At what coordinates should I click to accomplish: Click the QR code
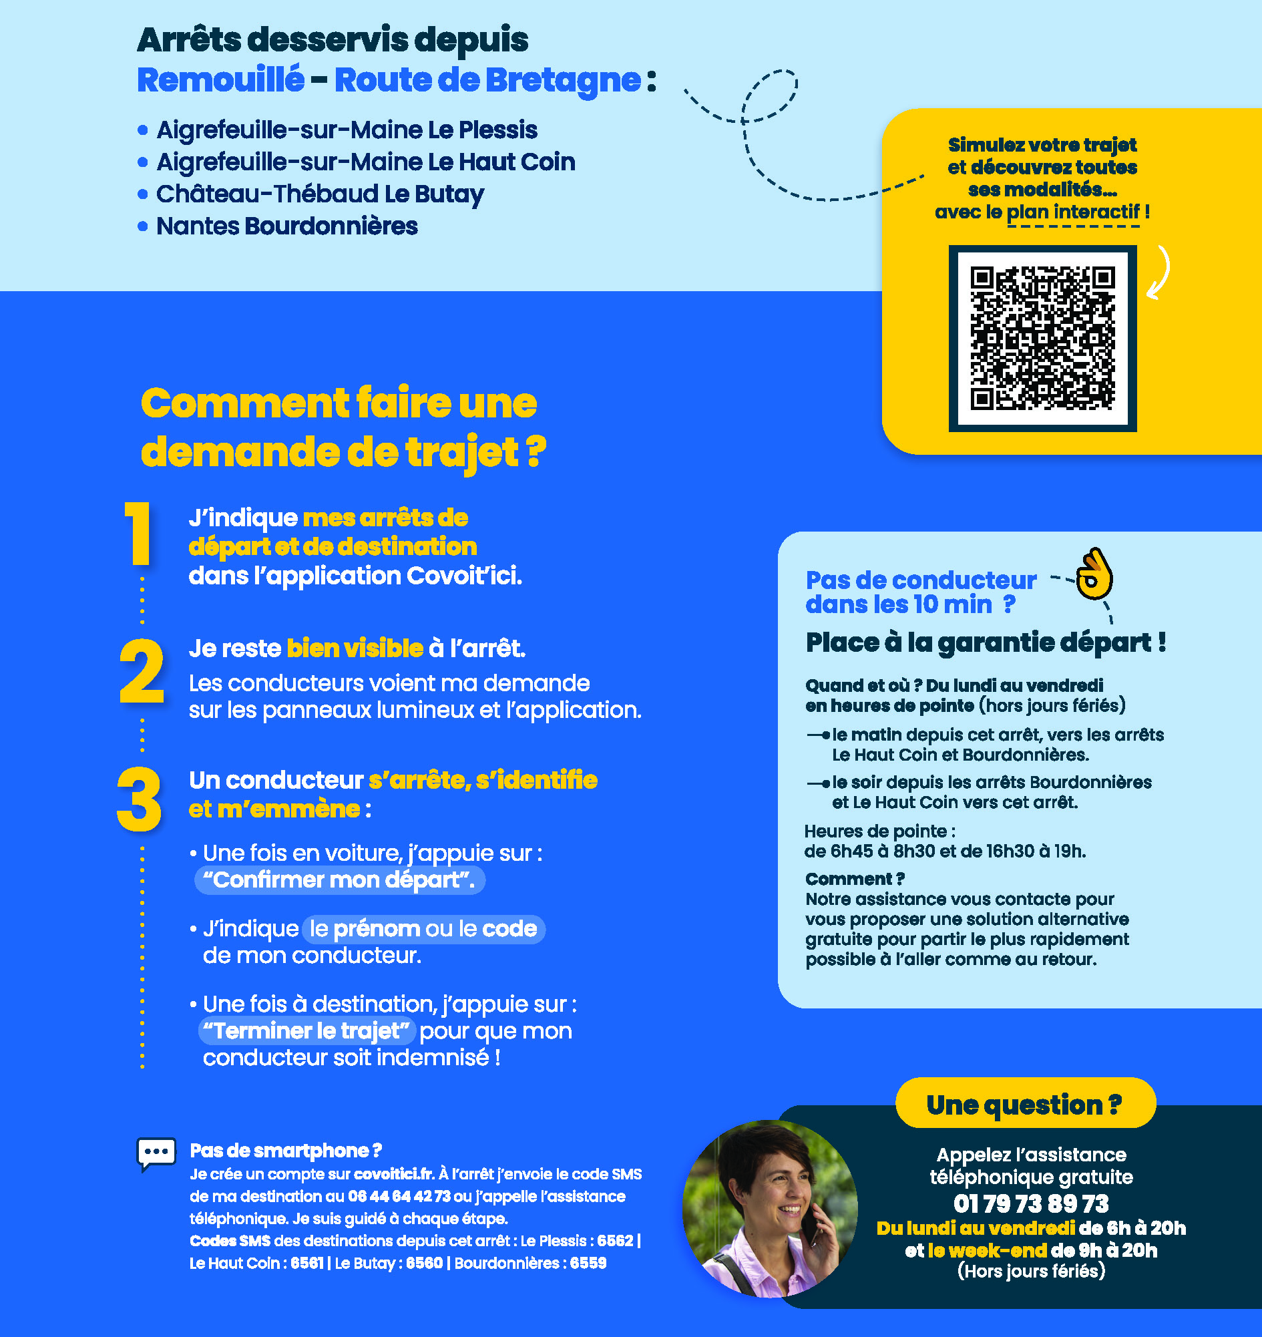click(x=1042, y=339)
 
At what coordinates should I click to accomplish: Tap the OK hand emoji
click(x=1094, y=573)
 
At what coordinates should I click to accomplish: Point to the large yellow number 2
click(x=142, y=671)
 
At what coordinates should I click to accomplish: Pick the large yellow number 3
click(x=140, y=799)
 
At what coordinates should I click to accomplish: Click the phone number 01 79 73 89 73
click(x=1030, y=1203)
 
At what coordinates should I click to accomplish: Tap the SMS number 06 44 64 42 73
click(x=399, y=1195)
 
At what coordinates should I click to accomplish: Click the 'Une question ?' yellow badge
click(x=1025, y=1104)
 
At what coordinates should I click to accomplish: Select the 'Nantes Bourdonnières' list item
click(x=287, y=226)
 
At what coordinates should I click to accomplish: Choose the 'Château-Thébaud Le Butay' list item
click(x=321, y=194)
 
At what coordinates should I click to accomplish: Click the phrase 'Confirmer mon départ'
click(x=339, y=880)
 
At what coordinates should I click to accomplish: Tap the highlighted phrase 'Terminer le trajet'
click(x=306, y=1030)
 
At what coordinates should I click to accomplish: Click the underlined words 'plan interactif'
click(x=1073, y=212)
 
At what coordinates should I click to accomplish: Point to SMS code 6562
click(x=615, y=1240)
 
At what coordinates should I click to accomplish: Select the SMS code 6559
click(x=588, y=1263)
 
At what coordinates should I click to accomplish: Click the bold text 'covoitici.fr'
click(x=394, y=1173)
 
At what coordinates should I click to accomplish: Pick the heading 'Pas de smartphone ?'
click(x=286, y=1150)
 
